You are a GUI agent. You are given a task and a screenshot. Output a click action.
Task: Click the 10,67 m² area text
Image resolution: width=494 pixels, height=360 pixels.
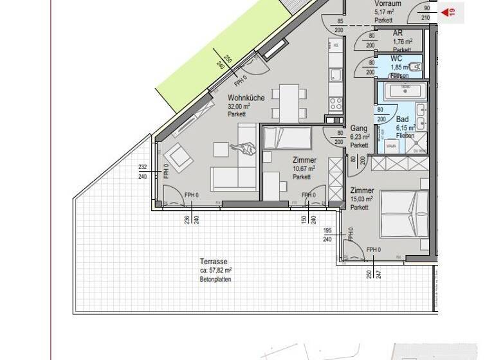point(304,168)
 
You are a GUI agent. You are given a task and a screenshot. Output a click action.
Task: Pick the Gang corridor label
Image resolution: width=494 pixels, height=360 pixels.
point(358,129)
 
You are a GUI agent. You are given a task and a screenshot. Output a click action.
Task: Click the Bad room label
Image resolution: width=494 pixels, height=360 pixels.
point(403,120)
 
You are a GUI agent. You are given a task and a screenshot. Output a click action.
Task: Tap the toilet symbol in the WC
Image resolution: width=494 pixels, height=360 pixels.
point(411,66)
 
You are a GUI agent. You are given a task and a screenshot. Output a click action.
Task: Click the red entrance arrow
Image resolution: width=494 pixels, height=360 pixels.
point(444,12)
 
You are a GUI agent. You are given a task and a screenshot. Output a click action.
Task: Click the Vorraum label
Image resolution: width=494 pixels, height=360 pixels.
point(388,4)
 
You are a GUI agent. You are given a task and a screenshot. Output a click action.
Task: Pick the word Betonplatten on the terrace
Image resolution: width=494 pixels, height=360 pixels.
point(215,280)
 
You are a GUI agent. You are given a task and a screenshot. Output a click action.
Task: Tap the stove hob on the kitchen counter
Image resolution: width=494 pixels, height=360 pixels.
point(335,103)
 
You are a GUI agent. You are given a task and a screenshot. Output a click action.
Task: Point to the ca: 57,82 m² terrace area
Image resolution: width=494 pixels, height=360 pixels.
point(215,271)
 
